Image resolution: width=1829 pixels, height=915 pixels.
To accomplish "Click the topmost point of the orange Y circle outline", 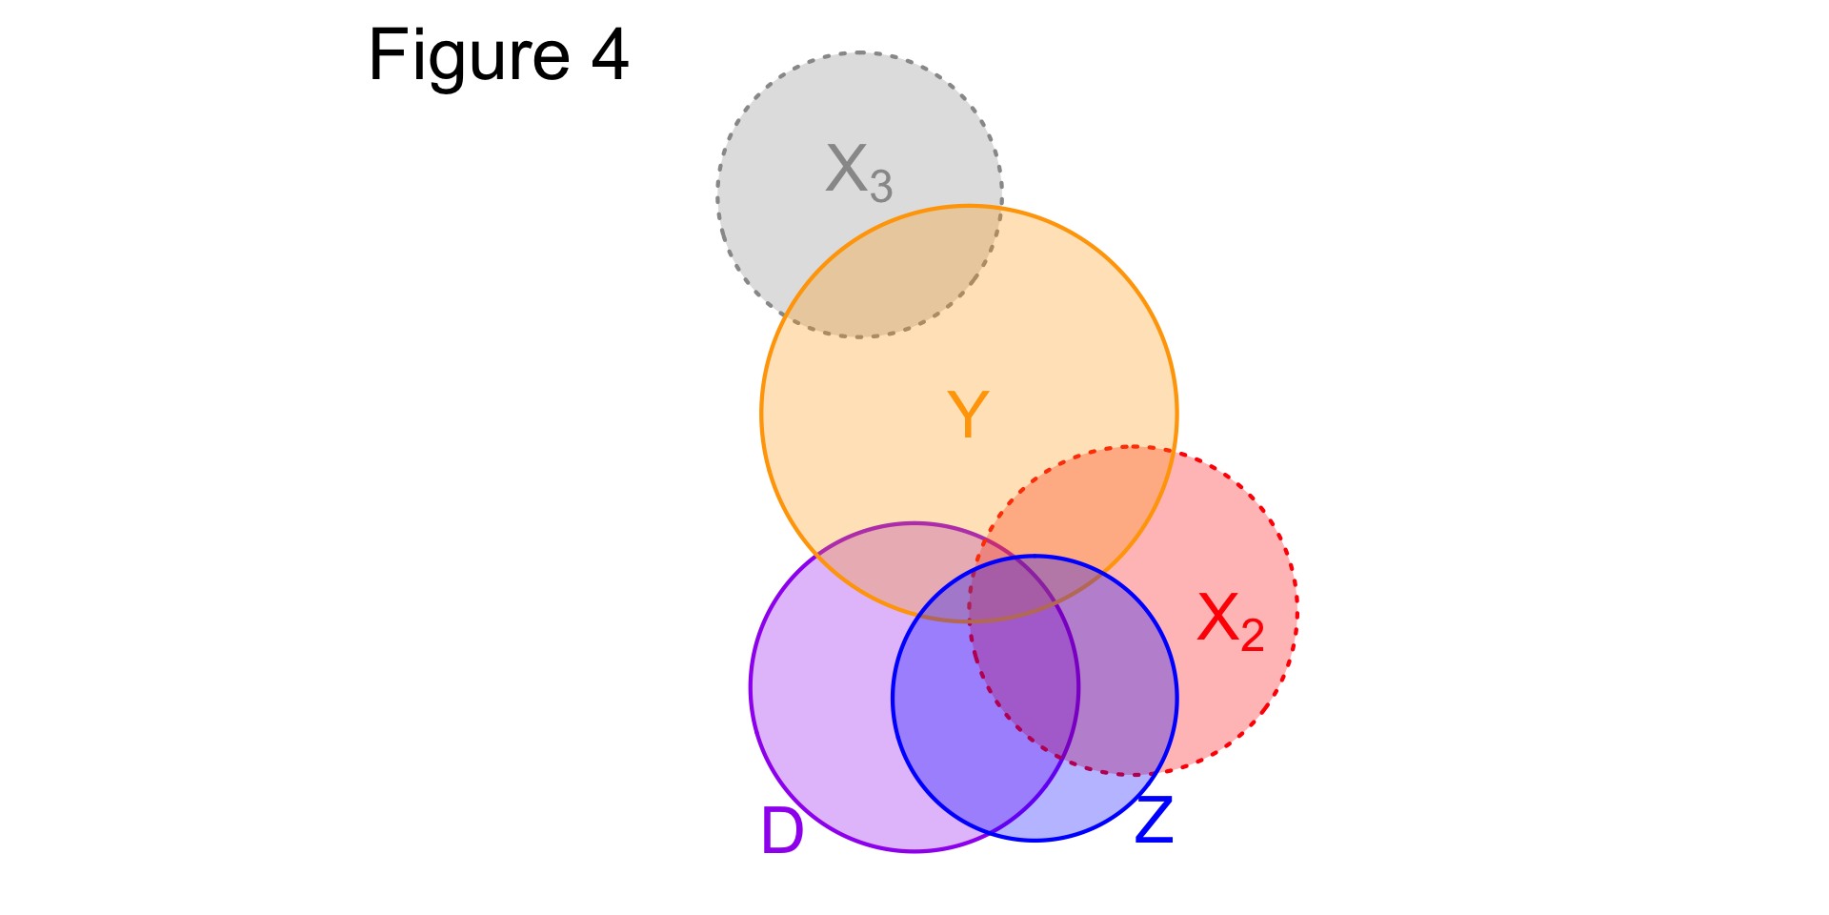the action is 969,206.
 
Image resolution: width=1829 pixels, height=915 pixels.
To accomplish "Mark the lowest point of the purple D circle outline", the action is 914,850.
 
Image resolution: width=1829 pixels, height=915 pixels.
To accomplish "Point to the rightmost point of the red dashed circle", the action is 1296,610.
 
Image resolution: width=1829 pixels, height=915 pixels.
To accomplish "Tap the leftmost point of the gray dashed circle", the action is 717,195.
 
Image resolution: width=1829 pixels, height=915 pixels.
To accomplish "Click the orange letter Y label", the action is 968,416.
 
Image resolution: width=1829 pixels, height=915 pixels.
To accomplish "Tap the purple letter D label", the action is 782,830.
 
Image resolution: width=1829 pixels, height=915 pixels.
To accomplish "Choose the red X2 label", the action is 1231,620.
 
